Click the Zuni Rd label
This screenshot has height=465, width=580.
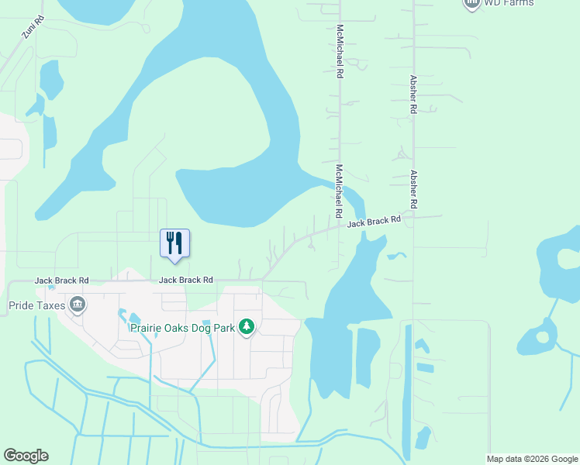coord(33,27)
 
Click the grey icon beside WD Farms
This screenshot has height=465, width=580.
coord(471,3)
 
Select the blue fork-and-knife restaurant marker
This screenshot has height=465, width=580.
coord(174,243)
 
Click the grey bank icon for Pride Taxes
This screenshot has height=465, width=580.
coord(77,305)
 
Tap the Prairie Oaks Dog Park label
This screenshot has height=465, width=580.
coord(181,328)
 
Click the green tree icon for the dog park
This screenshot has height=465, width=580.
coord(247,328)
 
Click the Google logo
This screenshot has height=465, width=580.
coord(26,456)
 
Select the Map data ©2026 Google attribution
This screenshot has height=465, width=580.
coord(532,459)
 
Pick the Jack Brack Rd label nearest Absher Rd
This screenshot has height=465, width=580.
coord(374,222)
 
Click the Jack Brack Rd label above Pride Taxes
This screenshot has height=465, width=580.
coord(62,281)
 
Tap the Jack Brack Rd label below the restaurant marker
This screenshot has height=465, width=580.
coord(186,281)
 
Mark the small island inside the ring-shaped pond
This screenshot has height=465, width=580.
coord(543,338)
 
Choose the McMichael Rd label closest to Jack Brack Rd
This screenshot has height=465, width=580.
coord(339,190)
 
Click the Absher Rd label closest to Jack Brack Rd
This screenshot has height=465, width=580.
coord(414,188)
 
